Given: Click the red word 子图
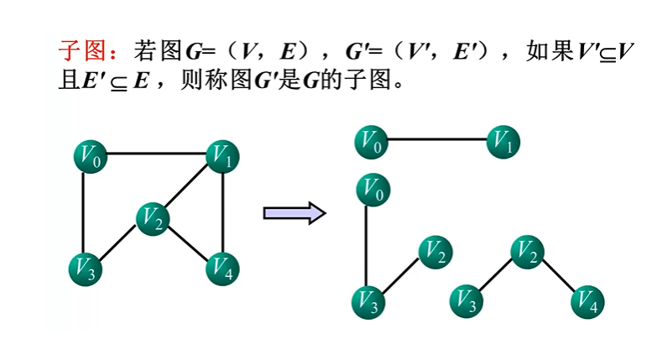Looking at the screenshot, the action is coord(81,50).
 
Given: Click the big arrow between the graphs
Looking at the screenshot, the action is coord(294,213).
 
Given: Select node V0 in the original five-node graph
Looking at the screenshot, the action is coord(91,155).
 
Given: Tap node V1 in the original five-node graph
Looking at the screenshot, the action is coord(222,155).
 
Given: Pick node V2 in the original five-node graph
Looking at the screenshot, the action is coord(153,220).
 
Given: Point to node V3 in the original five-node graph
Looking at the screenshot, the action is coord(85,269).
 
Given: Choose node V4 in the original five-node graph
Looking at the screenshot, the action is coord(222,269).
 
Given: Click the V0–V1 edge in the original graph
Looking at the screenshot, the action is coord(156,154).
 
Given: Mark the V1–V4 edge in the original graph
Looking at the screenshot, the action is coord(222,212).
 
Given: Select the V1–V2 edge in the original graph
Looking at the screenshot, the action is coord(189,186).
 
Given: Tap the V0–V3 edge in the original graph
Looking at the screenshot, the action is coord(84,212).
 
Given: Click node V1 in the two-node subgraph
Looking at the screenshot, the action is coord(503,142).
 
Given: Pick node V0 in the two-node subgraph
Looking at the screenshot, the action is coord(371,142).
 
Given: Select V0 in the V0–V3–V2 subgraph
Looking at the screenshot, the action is coord(373,190).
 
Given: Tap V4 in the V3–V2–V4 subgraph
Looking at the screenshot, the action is coord(587,301).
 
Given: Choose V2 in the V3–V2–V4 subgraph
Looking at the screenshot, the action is coord(527,251).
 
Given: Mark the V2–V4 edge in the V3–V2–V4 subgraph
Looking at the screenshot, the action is coord(557,276).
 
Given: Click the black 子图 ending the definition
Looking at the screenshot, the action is coord(368,81).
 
